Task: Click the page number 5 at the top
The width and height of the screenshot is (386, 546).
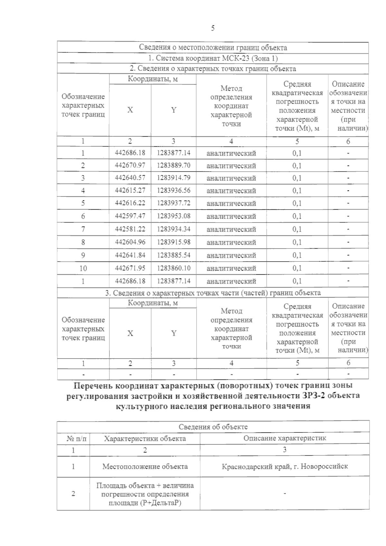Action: (x=213, y=28)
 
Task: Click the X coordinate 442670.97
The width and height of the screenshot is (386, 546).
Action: (x=130, y=165)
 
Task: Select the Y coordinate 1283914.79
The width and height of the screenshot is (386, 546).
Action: (x=174, y=178)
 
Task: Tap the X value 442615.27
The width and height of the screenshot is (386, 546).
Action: (x=130, y=190)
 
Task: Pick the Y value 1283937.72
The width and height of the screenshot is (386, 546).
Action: (x=174, y=203)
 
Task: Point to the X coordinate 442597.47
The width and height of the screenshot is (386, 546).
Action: (x=130, y=216)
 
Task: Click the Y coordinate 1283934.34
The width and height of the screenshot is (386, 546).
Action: (x=174, y=229)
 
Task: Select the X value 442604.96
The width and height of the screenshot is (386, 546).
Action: (x=130, y=242)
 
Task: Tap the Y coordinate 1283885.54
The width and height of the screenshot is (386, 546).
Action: (x=174, y=255)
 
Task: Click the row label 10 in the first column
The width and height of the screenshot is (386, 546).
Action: (x=83, y=268)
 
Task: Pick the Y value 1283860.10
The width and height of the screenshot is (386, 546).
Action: (x=174, y=268)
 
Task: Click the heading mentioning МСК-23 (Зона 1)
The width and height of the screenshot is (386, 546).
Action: (x=213, y=58)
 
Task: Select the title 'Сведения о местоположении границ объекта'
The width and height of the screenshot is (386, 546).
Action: (x=213, y=48)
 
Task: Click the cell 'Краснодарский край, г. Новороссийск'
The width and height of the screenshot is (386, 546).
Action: (x=284, y=466)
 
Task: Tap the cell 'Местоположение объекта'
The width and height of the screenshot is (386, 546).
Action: (x=145, y=466)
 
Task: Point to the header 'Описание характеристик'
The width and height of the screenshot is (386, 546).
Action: (x=284, y=438)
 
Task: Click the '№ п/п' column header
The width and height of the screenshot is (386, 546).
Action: (x=73, y=439)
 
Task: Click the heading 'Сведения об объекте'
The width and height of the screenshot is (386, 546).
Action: (x=213, y=427)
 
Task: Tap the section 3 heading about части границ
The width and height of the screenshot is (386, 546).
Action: (x=213, y=293)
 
